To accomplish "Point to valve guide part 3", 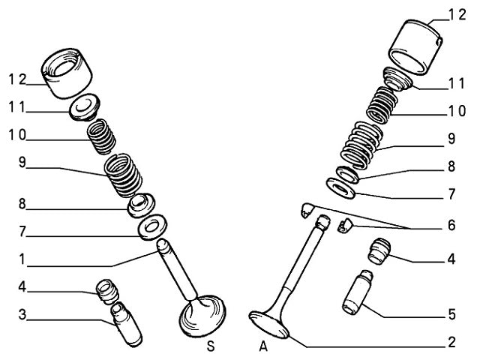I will [124, 320].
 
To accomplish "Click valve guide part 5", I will [358, 298].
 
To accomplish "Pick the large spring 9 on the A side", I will [361, 144].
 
